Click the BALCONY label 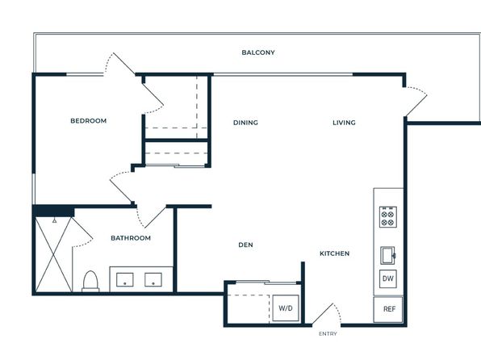coord(258,52)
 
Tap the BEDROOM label coord(88,120)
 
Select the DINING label coord(245,123)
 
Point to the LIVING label coord(344,123)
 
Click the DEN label coord(245,245)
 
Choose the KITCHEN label coord(334,253)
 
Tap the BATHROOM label coord(131,238)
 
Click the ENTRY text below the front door coord(328,333)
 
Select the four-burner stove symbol coord(388,216)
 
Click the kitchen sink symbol coord(387,255)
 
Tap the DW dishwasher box coord(388,278)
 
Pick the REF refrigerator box coord(388,309)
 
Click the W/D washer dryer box coord(286,308)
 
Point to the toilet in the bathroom coord(90,281)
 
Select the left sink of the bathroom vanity coord(125,279)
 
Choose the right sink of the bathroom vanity coord(153,279)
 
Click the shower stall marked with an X coord(54,254)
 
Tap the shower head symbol coord(54,220)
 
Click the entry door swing coord(327,314)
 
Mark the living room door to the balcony coord(416,101)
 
